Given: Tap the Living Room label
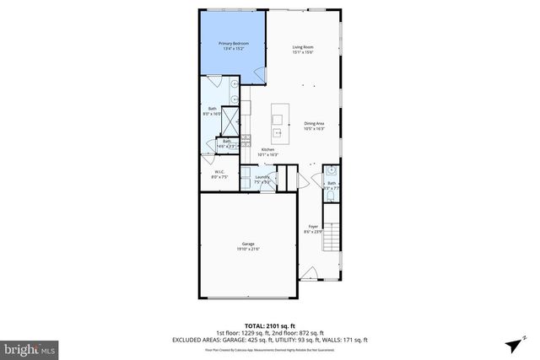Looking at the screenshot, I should coord(303,46).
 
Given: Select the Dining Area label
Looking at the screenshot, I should coord(315,123).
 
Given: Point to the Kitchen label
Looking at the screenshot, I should coord(267,150).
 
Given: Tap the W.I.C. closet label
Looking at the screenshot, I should coord(218,172).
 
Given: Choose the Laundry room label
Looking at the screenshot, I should coord(262,176).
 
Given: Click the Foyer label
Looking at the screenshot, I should coord(313,226).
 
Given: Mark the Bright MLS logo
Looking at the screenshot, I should coord(30,347).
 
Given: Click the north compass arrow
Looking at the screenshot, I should coord(515,343).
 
